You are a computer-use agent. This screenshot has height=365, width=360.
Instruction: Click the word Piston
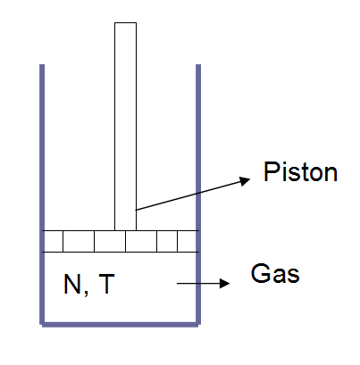300,171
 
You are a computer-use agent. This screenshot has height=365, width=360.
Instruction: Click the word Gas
275,273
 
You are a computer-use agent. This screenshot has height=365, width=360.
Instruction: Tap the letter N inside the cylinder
72,284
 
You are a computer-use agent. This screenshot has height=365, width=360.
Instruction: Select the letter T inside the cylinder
106,284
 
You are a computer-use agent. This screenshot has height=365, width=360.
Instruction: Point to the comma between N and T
86,293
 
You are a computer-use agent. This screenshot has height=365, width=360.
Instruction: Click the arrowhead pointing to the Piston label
245,180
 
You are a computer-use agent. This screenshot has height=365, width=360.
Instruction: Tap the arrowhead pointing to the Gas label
225,284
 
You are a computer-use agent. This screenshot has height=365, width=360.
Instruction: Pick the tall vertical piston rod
126,127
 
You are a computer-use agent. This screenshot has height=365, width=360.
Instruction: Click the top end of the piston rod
126,23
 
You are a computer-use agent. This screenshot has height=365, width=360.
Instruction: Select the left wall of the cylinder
42,195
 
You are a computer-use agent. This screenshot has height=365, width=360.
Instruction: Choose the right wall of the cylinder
198,195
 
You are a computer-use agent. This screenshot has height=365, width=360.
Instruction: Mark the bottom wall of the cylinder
120,325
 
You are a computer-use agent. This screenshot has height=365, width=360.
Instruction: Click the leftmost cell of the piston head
54,241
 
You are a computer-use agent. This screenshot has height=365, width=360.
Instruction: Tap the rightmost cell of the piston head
187,241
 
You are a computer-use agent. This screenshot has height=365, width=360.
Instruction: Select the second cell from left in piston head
79,241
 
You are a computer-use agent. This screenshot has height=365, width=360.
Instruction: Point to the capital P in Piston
271,171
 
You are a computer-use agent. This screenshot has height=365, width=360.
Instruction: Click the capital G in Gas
259,273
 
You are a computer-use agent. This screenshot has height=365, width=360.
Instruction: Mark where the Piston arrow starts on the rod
136,210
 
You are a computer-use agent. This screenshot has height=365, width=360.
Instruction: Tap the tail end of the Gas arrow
178,284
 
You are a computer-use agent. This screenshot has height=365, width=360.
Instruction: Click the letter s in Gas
294,276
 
